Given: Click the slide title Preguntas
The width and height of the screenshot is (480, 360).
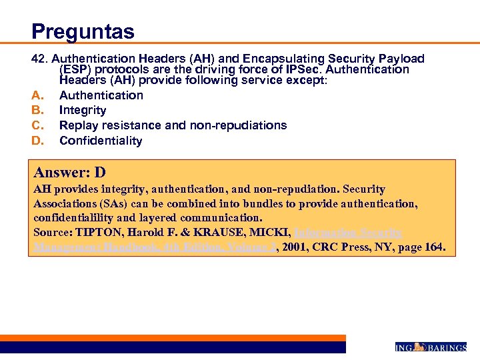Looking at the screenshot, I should pyautogui.click(x=83, y=31).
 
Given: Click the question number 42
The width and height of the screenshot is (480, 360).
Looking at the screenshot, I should pyautogui.click(x=40, y=59).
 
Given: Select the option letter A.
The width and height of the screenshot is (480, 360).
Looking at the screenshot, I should pyautogui.click(x=37, y=95).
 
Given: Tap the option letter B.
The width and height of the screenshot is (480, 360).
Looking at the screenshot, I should pyautogui.click(x=37, y=110).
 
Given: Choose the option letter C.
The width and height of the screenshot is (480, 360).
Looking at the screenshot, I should pyautogui.click(x=37, y=125).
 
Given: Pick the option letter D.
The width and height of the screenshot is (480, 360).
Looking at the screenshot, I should pyautogui.click(x=37, y=141).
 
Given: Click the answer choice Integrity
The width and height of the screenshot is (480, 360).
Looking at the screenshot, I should pyautogui.click(x=83, y=110).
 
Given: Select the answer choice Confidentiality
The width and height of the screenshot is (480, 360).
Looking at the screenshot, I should pyautogui.click(x=101, y=141).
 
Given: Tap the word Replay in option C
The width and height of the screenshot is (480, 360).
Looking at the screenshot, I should pyautogui.click(x=77, y=125).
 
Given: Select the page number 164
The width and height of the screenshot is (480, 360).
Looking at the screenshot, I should pyautogui.click(x=434, y=248).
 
